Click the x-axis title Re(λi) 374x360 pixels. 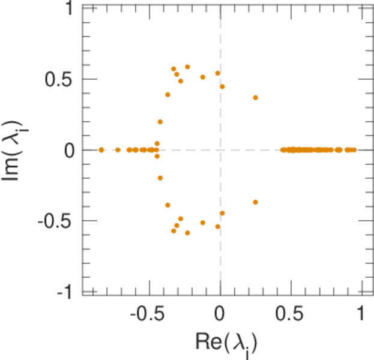[x=226, y=343]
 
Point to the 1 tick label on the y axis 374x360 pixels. [x=69, y=8]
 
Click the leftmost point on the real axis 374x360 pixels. [x=101, y=149]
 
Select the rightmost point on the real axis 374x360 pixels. [x=354, y=149]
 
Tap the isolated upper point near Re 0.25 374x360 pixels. [x=255, y=98]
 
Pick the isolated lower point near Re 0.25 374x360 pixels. [x=255, y=202]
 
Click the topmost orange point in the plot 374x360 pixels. [x=187, y=67]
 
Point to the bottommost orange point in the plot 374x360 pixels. [x=187, y=233]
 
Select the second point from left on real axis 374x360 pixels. [x=118, y=149]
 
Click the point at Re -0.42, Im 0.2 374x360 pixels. [x=160, y=122]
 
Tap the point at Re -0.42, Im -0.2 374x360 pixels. [x=160, y=178]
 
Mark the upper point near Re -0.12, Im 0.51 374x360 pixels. [x=203, y=77]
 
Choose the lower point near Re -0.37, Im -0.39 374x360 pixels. [x=167, y=205]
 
